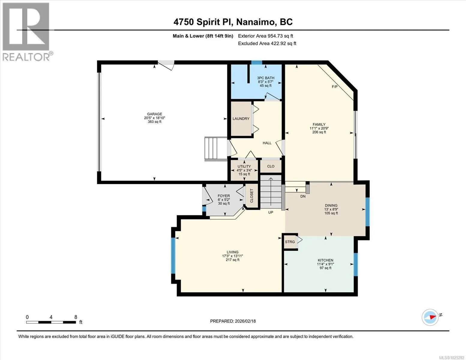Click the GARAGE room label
click(x=155, y=114)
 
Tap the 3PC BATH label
click(x=266, y=78)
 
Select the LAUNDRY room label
click(x=241, y=118)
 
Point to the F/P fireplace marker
click(x=335, y=87)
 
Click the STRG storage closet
click(x=290, y=242)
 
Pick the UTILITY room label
click(x=244, y=166)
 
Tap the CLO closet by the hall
click(x=271, y=166)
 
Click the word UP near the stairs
click(x=271, y=212)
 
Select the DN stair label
click(x=303, y=196)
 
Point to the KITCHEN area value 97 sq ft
click(x=326, y=268)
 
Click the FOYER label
click(x=224, y=196)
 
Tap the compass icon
click(x=430, y=317)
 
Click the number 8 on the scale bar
click(x=76, y=317)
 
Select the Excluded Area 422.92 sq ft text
click(x=267, y=43)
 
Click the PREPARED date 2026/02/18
click(x=245, y=321)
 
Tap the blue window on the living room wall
click(x=173, y=255)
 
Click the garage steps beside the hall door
click(x=216, y=148)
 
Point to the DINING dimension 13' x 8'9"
click(x=331, y=209)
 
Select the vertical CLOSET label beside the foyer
click(x=251, y=196)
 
